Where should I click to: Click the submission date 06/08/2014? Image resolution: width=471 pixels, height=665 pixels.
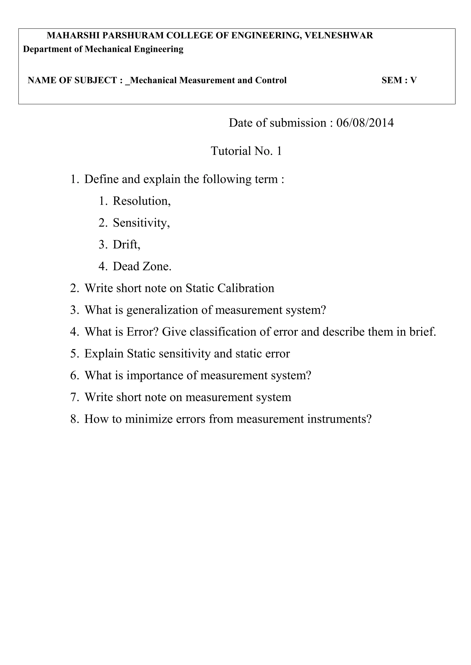[x=365, y=123]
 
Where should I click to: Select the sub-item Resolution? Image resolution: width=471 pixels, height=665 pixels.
[x=141, y=201]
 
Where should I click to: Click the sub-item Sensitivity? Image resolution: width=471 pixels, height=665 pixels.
[x=141, y=223]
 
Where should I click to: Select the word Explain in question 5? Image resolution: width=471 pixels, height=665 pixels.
[x=104, y=354]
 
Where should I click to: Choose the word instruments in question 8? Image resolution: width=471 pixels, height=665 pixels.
[x=339, y=419]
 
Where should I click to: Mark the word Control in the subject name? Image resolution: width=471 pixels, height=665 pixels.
[x=271, y=80]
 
